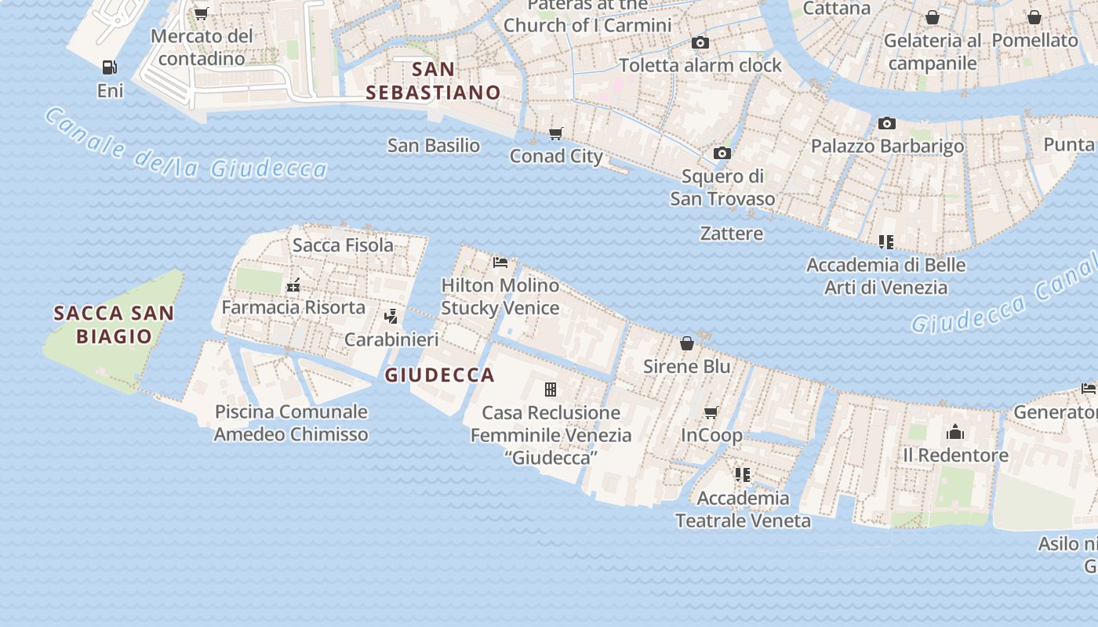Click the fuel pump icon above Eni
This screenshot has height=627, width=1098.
point(110,67)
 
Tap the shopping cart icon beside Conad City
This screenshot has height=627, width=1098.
point(556,133)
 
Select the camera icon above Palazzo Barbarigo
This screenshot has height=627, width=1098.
point(887,123)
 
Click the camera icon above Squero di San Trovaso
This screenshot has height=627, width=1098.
point(722,153)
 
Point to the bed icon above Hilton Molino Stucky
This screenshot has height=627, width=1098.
point(500,262)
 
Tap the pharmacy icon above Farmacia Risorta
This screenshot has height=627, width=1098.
point(293,285)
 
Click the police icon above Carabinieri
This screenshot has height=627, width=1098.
point(391,317)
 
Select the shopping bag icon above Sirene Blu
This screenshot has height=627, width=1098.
point(687,343)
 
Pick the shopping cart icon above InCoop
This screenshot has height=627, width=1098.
point(711,412)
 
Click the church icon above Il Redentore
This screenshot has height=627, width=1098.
point(955,432)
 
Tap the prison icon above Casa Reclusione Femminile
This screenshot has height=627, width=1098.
point(551,390)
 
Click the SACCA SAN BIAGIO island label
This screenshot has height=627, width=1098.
point(114,324)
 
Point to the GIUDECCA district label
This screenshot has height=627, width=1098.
point(440,375)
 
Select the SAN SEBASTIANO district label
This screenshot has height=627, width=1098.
point(434,81)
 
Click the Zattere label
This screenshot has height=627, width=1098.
point(732,233)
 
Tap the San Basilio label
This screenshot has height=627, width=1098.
point(434,145)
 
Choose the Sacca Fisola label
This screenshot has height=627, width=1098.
point(343,245)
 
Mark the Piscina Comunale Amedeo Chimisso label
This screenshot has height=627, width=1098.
point(291,422)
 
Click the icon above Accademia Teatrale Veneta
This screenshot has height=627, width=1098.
point(743,474)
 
